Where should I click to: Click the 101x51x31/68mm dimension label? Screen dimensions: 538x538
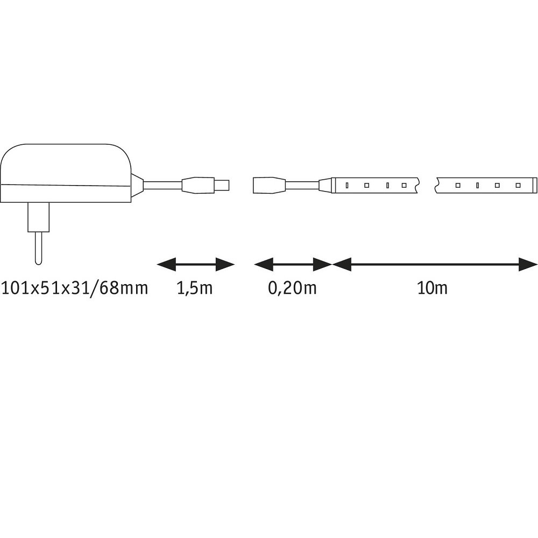pos(74,288)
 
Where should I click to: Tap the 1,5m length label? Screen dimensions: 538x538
pos(195,288)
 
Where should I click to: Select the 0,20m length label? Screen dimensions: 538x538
pos(292,288)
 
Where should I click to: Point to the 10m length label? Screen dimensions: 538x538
pos(433,288)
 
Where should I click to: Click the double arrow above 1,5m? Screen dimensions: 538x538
pos(196,265)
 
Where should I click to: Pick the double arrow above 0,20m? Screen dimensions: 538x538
pos(293,265)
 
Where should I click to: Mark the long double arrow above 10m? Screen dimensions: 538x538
pos(435,265)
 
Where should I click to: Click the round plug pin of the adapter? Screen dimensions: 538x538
pos(38,247)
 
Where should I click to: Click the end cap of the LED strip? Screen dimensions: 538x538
pos(534,185)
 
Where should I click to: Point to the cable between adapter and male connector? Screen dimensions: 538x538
pos(162,185)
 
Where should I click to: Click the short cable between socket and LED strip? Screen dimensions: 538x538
pos(302,185)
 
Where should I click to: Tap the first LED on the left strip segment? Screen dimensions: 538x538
pos(347,185)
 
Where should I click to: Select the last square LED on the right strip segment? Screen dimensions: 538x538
pos(518,185)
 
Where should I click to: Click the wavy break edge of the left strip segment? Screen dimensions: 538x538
pos(417,185)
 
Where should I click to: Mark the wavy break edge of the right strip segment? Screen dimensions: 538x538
pos(438,185)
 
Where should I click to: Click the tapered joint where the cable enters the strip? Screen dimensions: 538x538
pos(325,185)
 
